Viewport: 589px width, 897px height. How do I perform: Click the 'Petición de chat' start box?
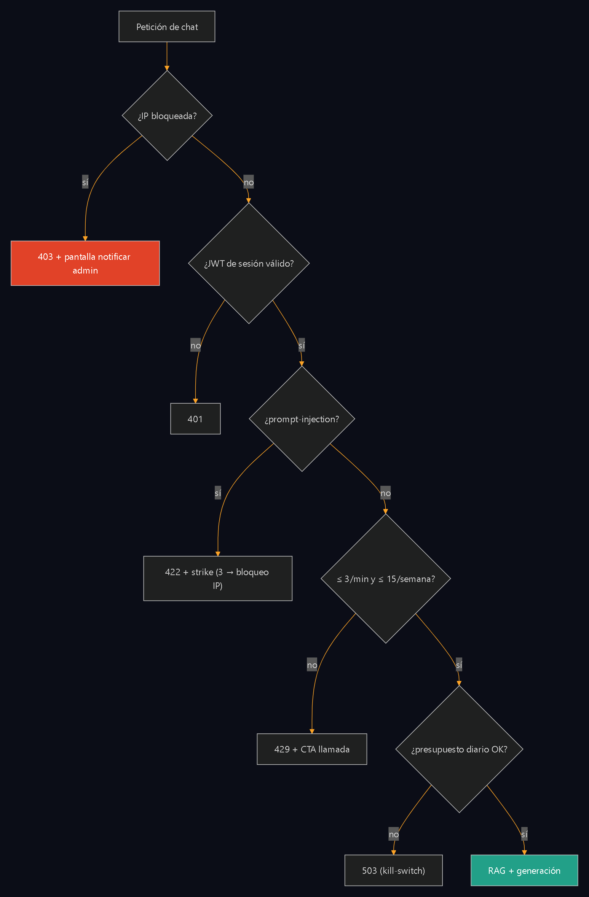pyautogui.click(x=167, y=27)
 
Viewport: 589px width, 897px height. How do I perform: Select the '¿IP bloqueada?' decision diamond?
pyautogui.click(x=167, y=116)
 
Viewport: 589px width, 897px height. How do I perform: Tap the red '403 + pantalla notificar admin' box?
pyautogui.click(x=85, y=263)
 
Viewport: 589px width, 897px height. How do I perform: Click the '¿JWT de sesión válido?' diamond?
pyautogui.click(x=249, y=263)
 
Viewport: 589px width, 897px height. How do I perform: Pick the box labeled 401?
pyautogui.click(x=195, y=419)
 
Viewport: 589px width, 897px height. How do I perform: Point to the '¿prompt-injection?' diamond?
pyautogui.click(x=302, y=419)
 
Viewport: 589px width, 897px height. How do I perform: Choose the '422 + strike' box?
pyautogui.click(x=218, y=579)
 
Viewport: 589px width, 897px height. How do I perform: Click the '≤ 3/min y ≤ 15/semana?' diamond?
pyautogui.click(x=386, y=579)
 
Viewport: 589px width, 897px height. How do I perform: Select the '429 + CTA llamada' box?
pyautogui.click(x=312, y=749)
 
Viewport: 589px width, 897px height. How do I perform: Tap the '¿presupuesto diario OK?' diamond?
pyautogui.click(x=459, y=749)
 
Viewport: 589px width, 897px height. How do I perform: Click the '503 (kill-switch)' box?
pyautogui.click(x=394, y=870)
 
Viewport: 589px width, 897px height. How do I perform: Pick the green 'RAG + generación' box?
pyautogui.click(x=524, y=870)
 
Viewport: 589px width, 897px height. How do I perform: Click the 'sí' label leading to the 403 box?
pyautogui.click(x=85, y=182)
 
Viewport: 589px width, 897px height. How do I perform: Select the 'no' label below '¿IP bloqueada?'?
pyautogui.click(x=249, y=182)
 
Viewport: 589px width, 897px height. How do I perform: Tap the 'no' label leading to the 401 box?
pyautogui.click(x=195, y=345)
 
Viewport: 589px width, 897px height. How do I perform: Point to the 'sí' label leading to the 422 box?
pyautogui.click(x=218, y=493)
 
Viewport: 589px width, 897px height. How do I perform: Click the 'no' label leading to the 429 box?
pyautogui.click(x=312, y=665)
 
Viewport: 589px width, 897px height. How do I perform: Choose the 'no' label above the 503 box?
pyautogui.click(x=394, y=834)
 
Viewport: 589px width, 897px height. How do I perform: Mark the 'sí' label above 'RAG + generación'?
pyautogui.click(x=524, y=834)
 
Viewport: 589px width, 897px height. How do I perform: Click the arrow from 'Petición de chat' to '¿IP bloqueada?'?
pyautogui.click(x=167, y=56)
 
